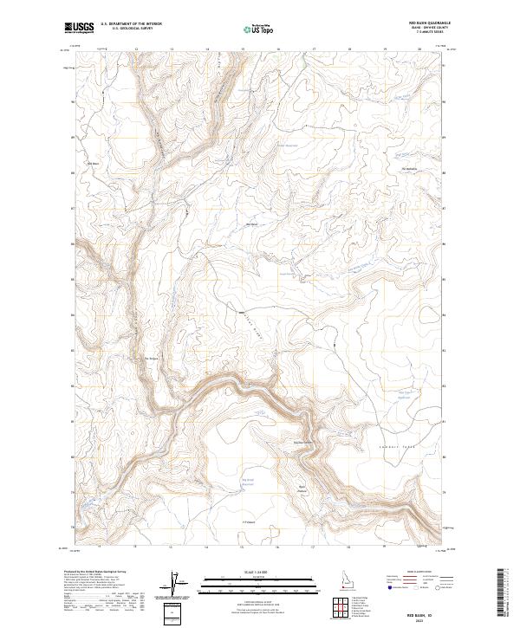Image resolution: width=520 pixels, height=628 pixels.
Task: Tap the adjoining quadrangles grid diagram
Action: click(341, 606)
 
